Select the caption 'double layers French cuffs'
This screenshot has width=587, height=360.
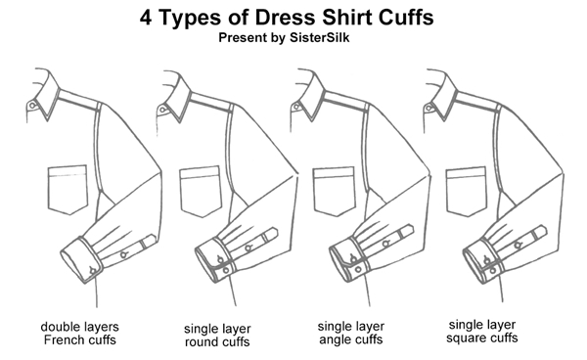pos(79,333)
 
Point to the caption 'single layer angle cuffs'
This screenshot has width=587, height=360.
pos(349,333)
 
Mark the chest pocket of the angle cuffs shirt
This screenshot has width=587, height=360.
pos(334,190)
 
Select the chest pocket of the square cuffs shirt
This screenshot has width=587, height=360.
pos(466,190)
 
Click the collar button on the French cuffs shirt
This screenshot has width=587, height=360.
pos(32,105)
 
